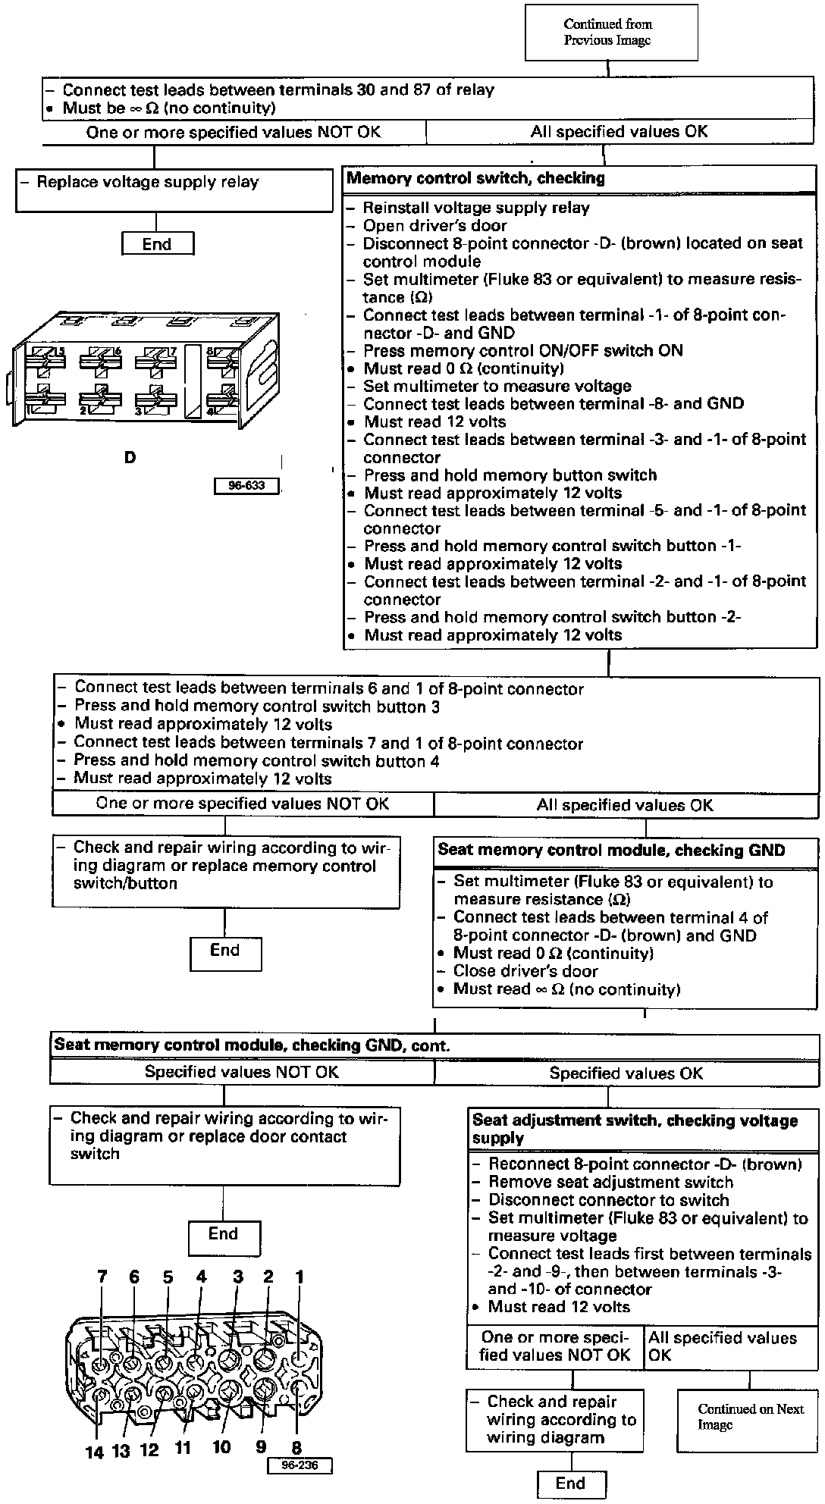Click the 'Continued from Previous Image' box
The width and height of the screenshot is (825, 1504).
(611, 33)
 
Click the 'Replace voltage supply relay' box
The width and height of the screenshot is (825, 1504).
(174, 190)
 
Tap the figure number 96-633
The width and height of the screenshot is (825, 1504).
(246, 485)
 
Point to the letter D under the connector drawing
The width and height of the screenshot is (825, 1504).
(130, 458)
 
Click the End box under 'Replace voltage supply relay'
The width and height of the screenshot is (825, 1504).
(157, 244)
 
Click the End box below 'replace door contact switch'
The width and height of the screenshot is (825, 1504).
(224, 1236)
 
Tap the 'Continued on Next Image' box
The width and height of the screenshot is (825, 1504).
(750, 1417)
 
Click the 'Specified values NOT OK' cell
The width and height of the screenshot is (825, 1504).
(242, 1072)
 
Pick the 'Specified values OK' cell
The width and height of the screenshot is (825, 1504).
(626, 1073)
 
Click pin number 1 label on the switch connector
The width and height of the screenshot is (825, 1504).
(299, 1277)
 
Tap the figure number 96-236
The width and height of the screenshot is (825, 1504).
(299, 1465)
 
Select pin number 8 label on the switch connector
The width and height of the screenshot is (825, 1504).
(296, 1449)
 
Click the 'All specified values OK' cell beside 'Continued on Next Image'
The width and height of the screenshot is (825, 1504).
(730, 1346)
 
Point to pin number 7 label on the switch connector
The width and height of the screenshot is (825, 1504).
(102, 1277)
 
